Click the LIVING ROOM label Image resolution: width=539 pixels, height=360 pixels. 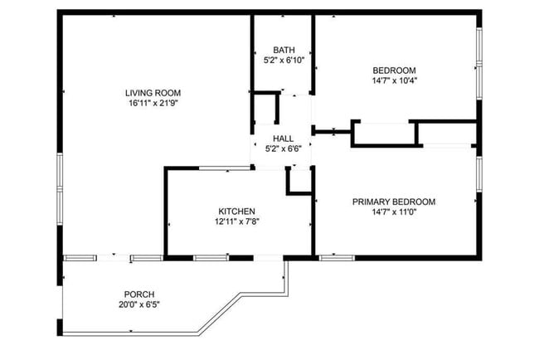153,93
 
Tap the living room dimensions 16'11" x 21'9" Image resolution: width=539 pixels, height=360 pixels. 153,104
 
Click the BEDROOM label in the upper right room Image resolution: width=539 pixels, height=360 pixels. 394,71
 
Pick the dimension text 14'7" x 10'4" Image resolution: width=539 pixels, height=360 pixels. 394,81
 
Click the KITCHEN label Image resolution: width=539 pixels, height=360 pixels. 236,212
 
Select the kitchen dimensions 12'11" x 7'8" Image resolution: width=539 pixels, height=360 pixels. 236,222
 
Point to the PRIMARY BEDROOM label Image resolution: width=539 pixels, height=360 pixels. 394,202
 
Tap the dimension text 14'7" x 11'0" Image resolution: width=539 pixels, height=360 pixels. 394,212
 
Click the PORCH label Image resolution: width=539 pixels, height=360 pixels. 139,294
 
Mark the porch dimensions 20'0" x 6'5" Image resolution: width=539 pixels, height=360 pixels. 139,305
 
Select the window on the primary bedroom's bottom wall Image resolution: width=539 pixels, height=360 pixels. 333,258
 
